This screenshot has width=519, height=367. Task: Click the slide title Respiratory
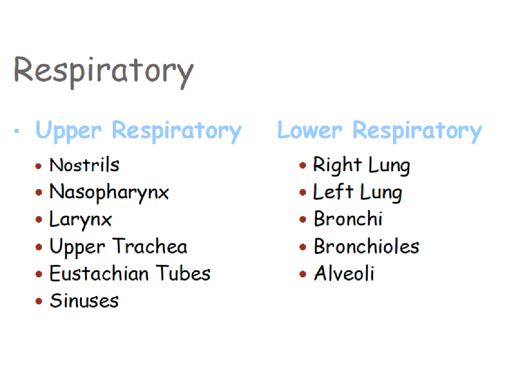tap(103, 70)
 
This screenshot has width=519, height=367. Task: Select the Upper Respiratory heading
tap(138, 130)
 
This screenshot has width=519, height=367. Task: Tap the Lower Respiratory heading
tap(379, 130)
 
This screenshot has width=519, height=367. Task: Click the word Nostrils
tap(84, 165)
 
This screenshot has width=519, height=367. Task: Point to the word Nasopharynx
tap(109, 192)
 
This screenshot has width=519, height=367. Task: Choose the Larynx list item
tap(80, 220)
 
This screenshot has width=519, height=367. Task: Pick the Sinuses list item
tap(84, 301)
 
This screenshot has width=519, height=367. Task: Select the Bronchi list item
tap(348, 219)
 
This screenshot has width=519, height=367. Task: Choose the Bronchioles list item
tap(366, 246)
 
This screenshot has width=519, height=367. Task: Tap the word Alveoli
tap(344, 274)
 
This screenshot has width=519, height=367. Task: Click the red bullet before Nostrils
tap(39, 166)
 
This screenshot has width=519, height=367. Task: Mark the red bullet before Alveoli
tap(303, 274)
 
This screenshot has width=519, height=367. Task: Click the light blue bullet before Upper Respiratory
tap(17, 131)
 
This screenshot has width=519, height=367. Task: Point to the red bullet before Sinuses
tap(39, 301)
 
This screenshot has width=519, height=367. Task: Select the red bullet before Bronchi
tap(303, 220)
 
